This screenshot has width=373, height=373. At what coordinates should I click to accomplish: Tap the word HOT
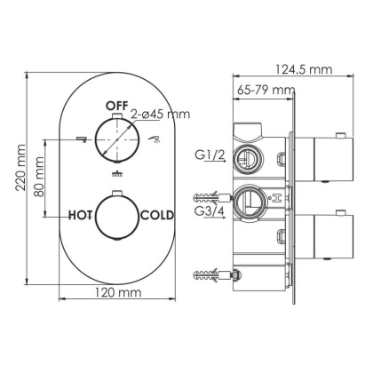[x=83, y=214]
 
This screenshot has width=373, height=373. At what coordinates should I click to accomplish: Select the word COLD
[x=157, y=214]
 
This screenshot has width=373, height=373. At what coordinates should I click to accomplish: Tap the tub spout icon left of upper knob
[x=81, y=139]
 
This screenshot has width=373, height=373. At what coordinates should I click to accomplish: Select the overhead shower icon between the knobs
[x=117, y=175]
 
